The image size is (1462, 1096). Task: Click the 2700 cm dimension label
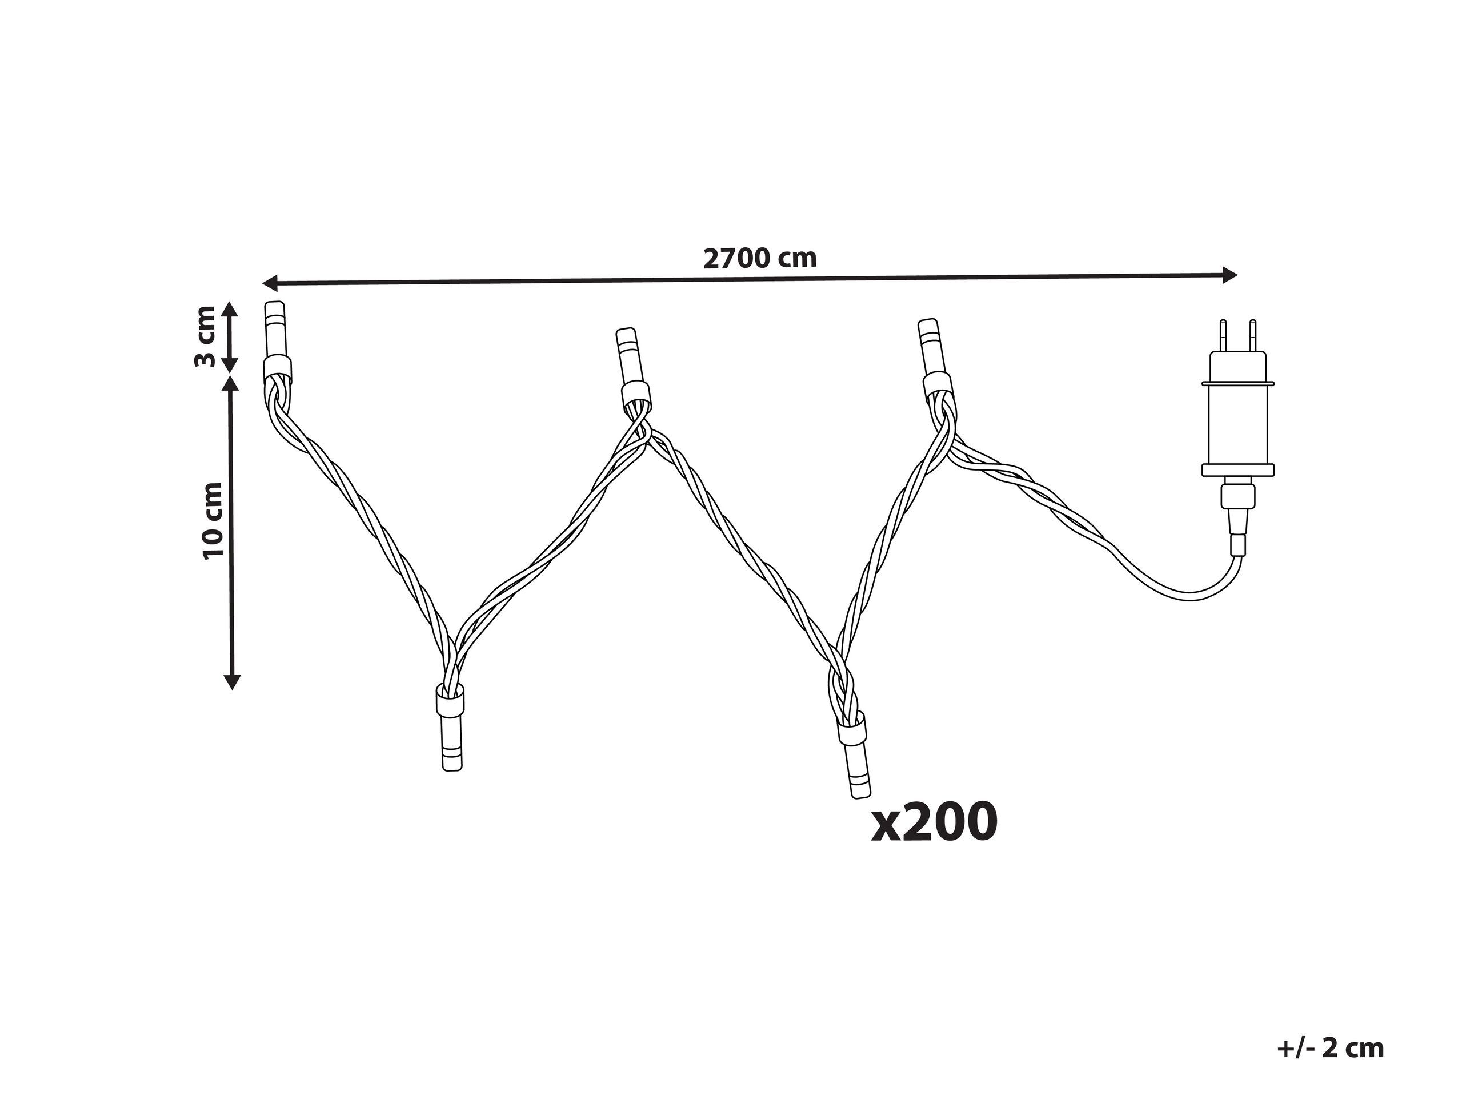(x=759, y=258)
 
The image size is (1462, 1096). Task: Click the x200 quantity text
(x=934, y=821)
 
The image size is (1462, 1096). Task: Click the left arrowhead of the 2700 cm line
(x=270, y=283)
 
